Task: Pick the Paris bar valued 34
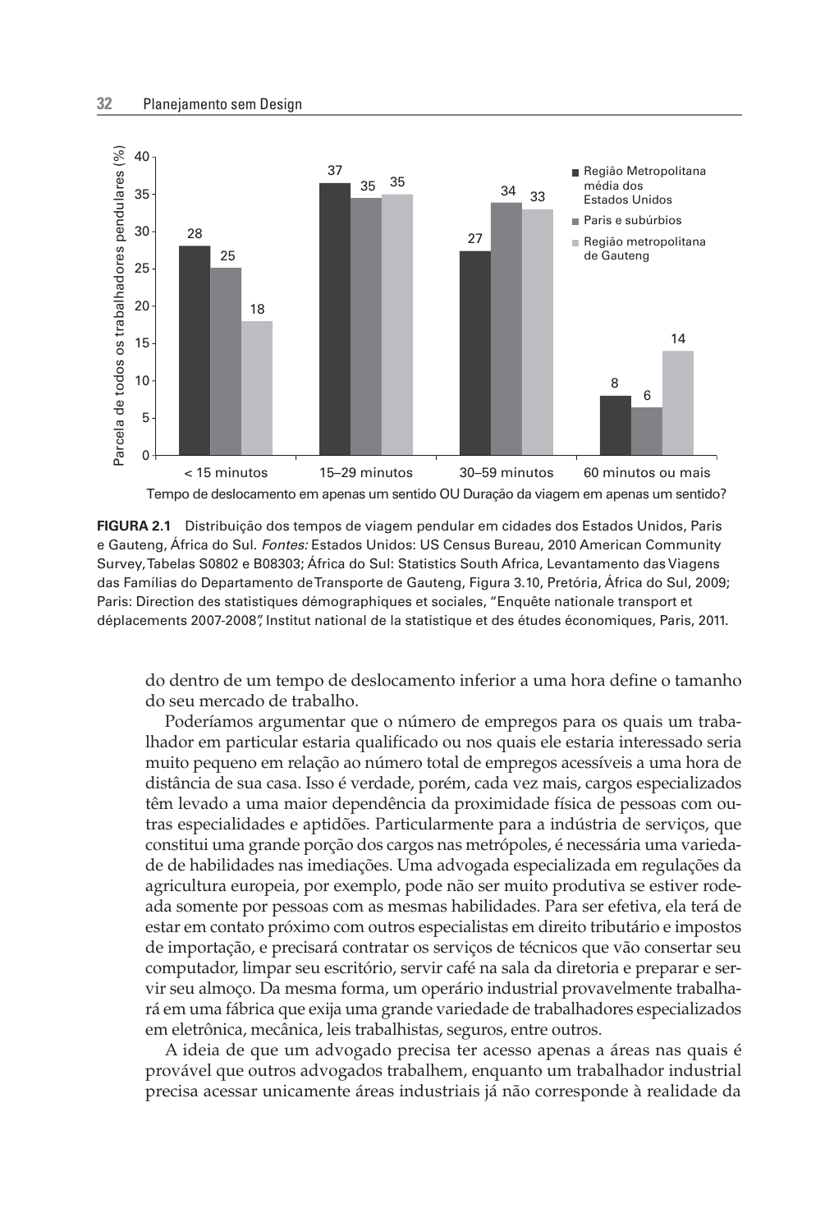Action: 506,329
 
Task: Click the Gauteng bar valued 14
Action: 678,402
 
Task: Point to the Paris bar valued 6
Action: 647,431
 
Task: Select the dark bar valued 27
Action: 475,353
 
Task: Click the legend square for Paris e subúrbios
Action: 576,221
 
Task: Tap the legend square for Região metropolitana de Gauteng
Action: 576,242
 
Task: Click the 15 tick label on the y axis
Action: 142,343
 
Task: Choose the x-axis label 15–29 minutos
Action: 366,473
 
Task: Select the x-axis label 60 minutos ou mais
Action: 647,473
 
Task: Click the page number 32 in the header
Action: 104,104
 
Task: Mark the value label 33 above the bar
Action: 538,197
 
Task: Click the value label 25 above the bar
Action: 227,255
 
